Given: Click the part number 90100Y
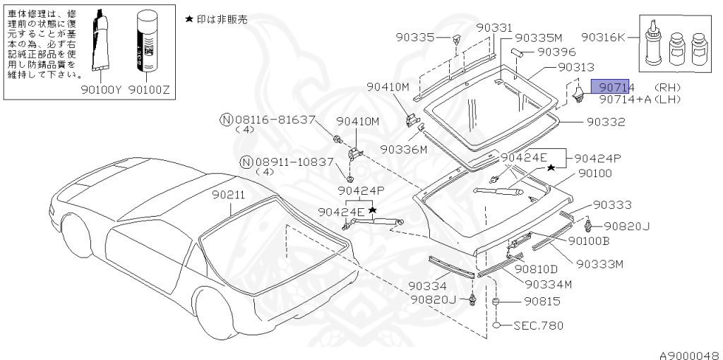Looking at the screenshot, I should (100, 90).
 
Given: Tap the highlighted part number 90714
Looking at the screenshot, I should (616, 88).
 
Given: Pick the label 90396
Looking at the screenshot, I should (556, 52).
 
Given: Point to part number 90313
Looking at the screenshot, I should (576, 67).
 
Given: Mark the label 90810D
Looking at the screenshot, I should (536, 268).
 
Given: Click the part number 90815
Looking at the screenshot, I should (542, 301).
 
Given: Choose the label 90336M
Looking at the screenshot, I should (403, 150).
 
